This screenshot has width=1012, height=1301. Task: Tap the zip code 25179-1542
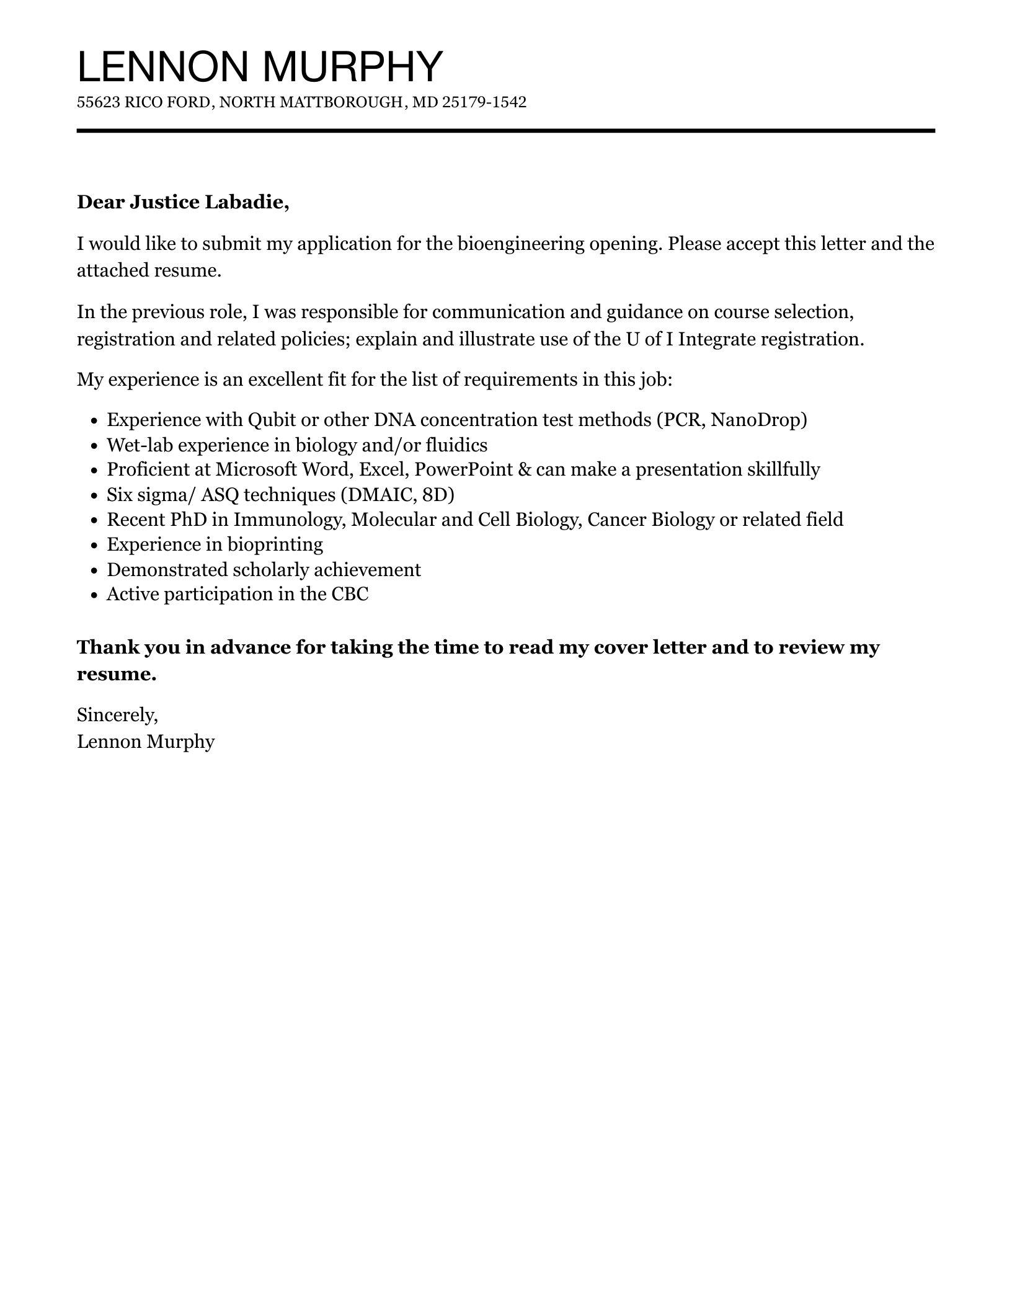484,102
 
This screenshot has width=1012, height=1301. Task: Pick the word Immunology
288,520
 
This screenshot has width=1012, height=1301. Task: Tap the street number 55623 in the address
99,102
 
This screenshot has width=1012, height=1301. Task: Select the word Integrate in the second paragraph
716,339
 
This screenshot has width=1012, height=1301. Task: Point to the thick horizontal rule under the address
505,131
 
